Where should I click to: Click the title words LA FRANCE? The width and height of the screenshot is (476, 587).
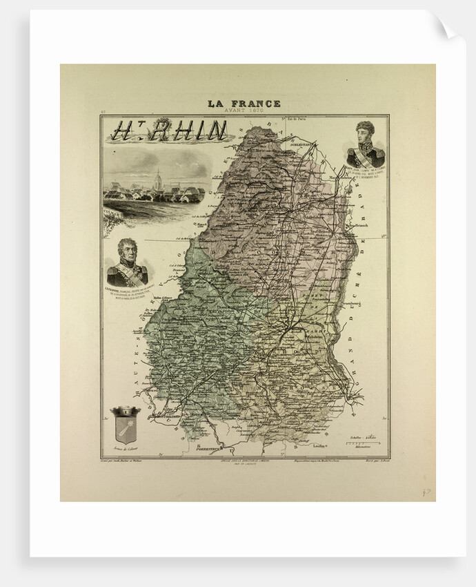[244, 104]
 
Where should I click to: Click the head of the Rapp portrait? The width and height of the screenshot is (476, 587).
[365, 131]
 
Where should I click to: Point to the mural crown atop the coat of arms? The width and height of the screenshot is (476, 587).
[125, 412]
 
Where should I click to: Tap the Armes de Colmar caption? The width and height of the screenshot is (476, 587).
[125, 456]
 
